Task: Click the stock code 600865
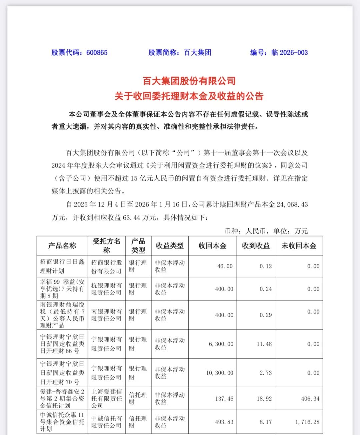(x=97, y=52)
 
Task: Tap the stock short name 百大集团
(x=197, y=52)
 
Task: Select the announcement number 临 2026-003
(x=289, y=52)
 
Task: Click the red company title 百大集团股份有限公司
(x=189, y=81)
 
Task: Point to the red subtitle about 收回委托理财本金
(x=189, y=96)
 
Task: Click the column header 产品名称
(x=62, y=246)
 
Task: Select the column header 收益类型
(x=170, y=246)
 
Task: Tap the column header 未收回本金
(x=299, y=246)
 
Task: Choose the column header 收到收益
(x=256, y=246)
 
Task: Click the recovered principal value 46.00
(x=225, y=266)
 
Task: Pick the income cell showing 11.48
(x=264, y=344)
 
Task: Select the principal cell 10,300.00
(x=220, y=373)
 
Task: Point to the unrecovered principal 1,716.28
(x=307, y=422)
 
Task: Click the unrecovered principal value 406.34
(x=310, y=399)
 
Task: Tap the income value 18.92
(x=264, y=399)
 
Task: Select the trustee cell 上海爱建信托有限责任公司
(x=107, y=399)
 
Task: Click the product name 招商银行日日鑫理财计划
(x=62, y=266)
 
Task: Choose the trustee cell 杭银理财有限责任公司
(x=107, y=289)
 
